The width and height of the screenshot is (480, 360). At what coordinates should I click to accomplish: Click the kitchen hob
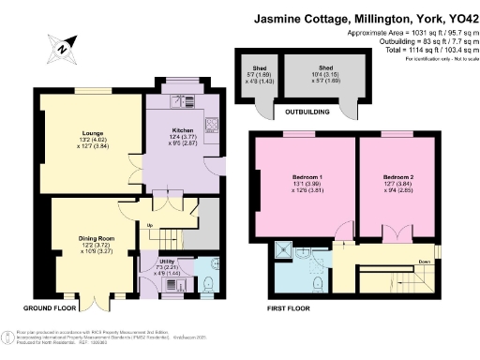tap(211, 122)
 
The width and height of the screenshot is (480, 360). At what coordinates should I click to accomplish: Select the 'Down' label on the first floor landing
tap(425, 262)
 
